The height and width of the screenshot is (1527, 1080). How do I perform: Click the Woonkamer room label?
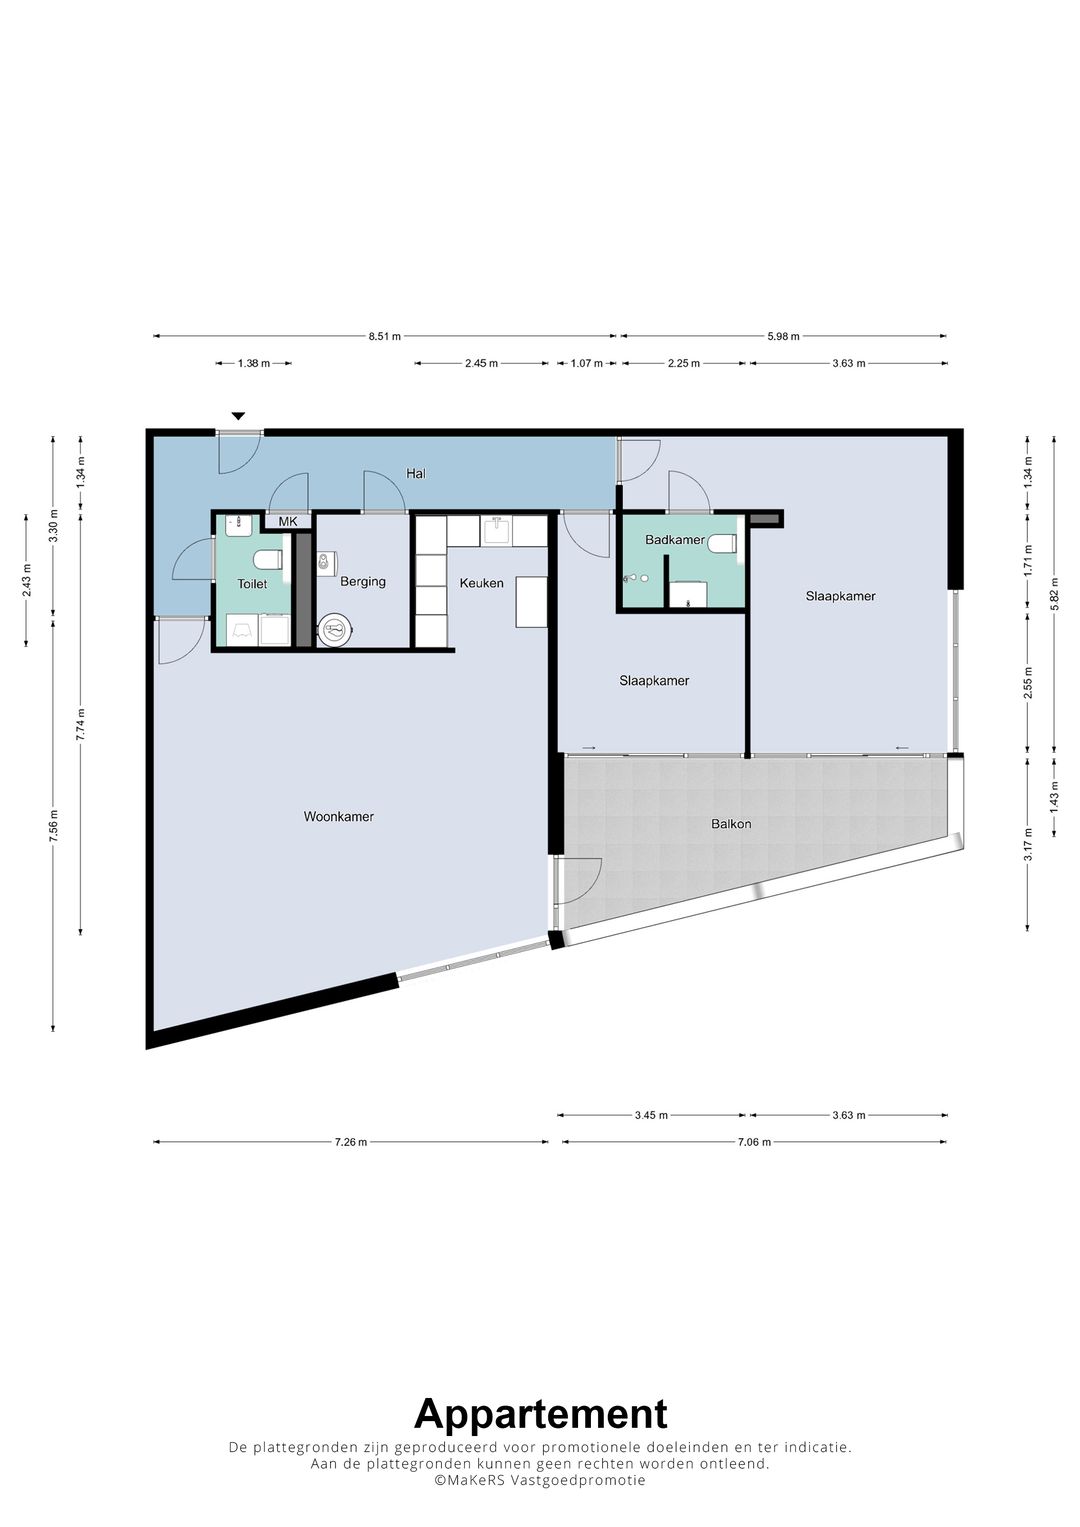339,816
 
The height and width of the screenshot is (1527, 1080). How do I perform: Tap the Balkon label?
731,823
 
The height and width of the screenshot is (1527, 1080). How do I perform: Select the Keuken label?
481,583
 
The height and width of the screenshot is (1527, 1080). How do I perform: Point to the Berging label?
363,581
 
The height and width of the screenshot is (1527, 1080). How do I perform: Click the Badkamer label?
675,539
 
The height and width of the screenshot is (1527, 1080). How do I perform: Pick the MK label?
288,521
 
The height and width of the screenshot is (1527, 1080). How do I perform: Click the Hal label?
416,473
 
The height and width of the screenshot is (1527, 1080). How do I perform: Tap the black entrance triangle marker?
238,416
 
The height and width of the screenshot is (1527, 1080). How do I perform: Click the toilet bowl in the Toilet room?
267,560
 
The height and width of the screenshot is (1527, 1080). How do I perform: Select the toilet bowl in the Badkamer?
722,543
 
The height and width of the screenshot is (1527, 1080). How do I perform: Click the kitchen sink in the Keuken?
496,530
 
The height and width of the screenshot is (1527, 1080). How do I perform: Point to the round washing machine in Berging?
335,630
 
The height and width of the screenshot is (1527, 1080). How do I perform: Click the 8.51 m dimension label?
385,336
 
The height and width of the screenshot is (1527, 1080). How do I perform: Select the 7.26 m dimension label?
350,1142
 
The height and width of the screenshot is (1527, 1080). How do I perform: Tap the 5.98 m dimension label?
783,336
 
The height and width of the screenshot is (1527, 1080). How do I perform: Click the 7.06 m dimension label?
754,1142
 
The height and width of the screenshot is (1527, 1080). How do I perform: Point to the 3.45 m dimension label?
651,1115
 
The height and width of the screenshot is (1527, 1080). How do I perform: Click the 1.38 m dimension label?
254,363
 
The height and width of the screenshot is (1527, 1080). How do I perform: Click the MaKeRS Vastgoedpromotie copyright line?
540,1479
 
